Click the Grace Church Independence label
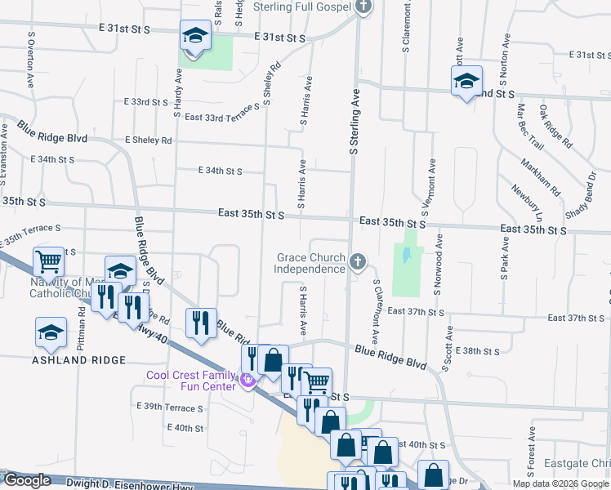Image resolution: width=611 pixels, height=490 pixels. coord(310,263)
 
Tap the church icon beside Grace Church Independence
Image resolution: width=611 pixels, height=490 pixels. coord(357,262)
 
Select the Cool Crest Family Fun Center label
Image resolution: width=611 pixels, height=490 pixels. coord(191,381)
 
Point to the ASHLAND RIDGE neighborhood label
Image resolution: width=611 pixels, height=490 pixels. coord(78,360)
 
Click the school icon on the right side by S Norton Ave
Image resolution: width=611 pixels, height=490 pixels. coord(466,81)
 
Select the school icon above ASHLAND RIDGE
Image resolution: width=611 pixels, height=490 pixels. coord(50,332)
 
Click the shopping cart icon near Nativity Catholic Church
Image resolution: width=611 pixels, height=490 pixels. coord(49,262)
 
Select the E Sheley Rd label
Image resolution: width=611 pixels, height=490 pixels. coord(149,140)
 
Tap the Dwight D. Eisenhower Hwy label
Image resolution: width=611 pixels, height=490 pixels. coord(122,483)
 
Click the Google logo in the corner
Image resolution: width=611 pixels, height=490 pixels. coord(26,481)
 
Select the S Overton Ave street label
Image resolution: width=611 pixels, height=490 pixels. coord(31,60)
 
